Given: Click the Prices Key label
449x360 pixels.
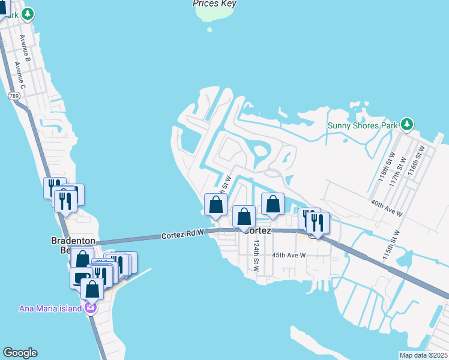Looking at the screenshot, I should pyautogui.click(x=214, y=4).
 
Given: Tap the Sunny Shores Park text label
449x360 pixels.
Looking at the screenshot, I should pyautogui.click(x=363, y=125).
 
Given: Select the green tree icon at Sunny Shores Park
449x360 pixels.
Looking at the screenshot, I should pyautogui.click(x=408, y=125).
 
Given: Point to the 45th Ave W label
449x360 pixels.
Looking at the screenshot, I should pyautogui.click(x=289, y=255).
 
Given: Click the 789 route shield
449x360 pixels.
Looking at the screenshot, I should pyautogui.click(x=14, y=95).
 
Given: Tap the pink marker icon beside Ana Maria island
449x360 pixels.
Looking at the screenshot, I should pyautogui.click(x=91, y=308).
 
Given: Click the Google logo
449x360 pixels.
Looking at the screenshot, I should pyautogui.click(x=20, y=353).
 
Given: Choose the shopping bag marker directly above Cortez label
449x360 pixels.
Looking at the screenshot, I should pyautogui.click(x=244, y=217).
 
